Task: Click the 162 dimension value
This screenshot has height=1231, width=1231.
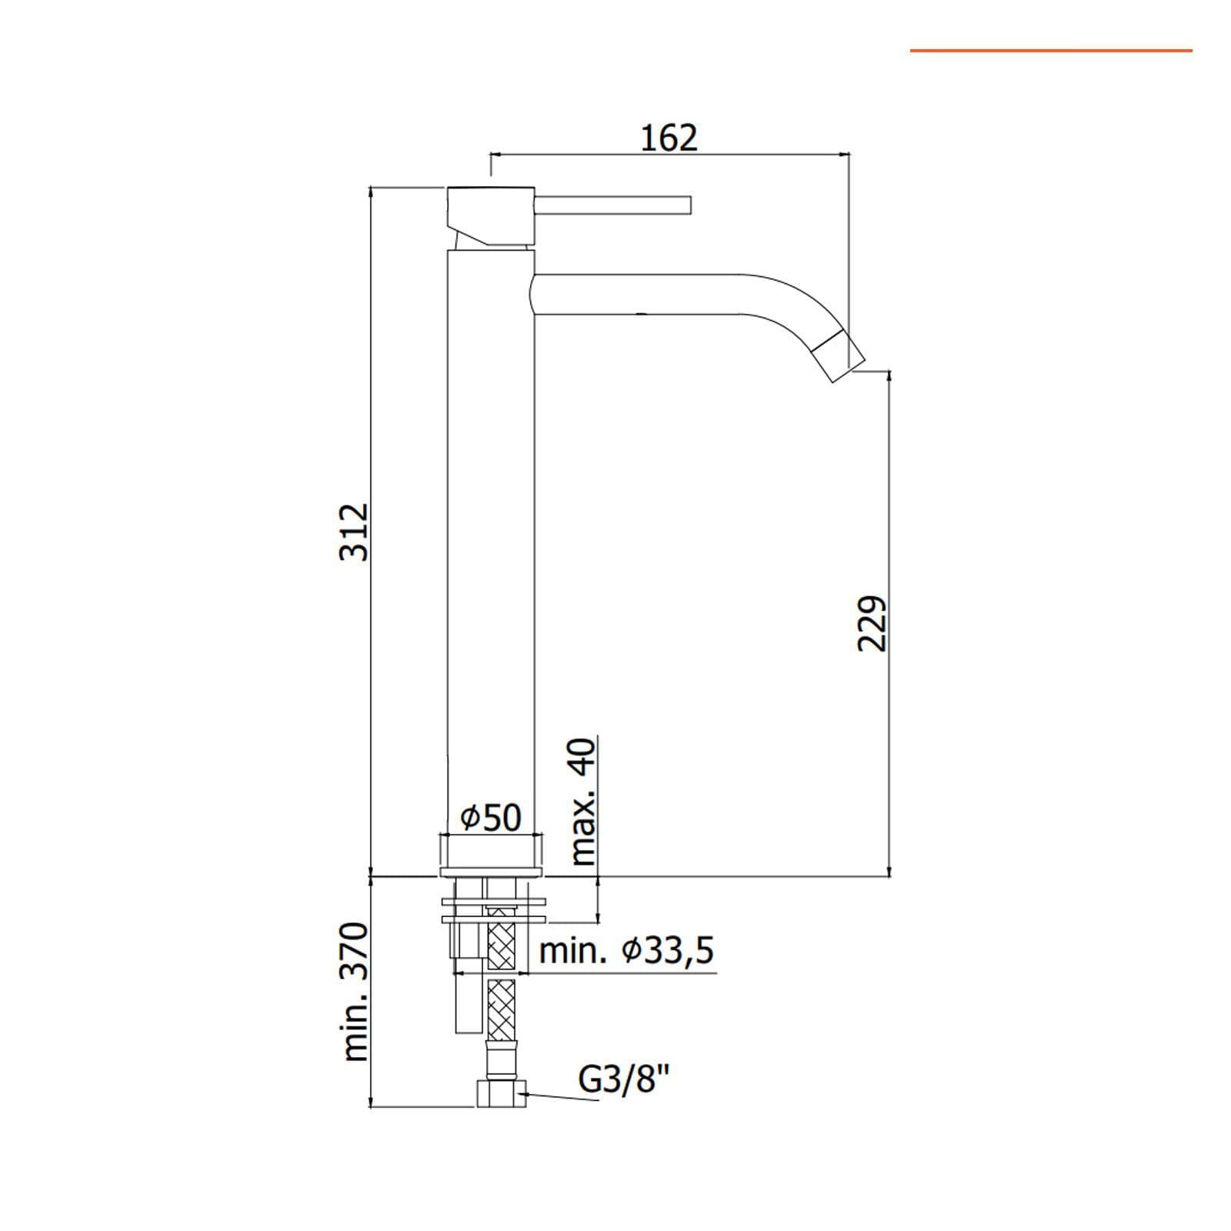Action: [x=669, y=138]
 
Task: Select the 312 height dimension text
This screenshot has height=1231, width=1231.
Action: [x=355, y=532]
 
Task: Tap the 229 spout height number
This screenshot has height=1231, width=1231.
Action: [x=872, y=623]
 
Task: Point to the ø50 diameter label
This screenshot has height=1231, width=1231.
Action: [x=491, y=817]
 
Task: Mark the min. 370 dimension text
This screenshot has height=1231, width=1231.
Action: [x=355, y=992]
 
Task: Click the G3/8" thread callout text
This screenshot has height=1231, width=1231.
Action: [x=624, y=1081]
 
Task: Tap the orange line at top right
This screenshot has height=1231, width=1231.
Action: [x=1051, y=51]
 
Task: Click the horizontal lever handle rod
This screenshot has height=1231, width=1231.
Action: [x=614, y=206]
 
